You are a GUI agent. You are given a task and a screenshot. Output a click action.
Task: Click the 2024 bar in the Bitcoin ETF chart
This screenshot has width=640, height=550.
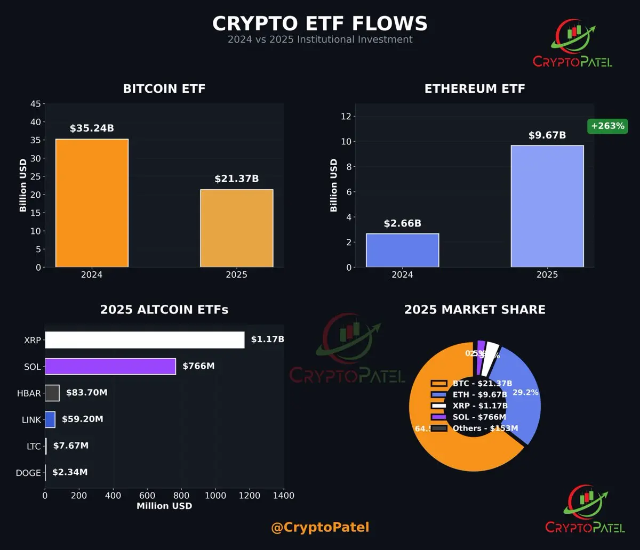point(92,203)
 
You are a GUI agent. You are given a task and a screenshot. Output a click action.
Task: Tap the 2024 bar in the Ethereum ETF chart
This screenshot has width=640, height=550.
point(402,250)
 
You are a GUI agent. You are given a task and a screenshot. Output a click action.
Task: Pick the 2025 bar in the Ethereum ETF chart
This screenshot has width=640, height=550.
point(547,206)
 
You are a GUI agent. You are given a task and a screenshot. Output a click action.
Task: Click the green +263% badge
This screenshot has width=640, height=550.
point(607,126)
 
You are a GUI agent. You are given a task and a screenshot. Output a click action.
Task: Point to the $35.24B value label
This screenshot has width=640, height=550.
point(92,128)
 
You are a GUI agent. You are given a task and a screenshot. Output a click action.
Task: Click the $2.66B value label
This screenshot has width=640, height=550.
point(402,223)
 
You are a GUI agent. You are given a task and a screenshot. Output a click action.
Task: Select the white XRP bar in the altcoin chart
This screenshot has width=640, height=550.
point(145,340)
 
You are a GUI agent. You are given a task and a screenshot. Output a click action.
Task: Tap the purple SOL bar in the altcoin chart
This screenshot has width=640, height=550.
point(110,366)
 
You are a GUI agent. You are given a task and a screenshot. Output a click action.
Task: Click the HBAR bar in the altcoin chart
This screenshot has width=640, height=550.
point(52,393)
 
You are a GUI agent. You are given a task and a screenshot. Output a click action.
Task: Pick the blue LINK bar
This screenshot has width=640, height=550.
point(50,419)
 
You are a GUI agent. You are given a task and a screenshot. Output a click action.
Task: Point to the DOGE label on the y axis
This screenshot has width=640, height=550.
point(28,473)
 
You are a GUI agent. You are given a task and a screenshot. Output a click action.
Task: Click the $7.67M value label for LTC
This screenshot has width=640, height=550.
point(71,446)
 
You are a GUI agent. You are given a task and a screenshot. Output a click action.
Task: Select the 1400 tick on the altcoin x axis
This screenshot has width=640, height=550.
point(283,495)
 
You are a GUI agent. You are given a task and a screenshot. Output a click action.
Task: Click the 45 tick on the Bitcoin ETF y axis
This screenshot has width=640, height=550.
point(34,104)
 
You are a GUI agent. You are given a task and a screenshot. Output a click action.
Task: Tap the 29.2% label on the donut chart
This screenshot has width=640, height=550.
point(525,392)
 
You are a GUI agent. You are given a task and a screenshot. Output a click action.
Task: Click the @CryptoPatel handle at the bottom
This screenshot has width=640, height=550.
point(320,528)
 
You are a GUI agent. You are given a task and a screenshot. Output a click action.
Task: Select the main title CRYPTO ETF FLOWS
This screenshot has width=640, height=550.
point(320,23)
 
